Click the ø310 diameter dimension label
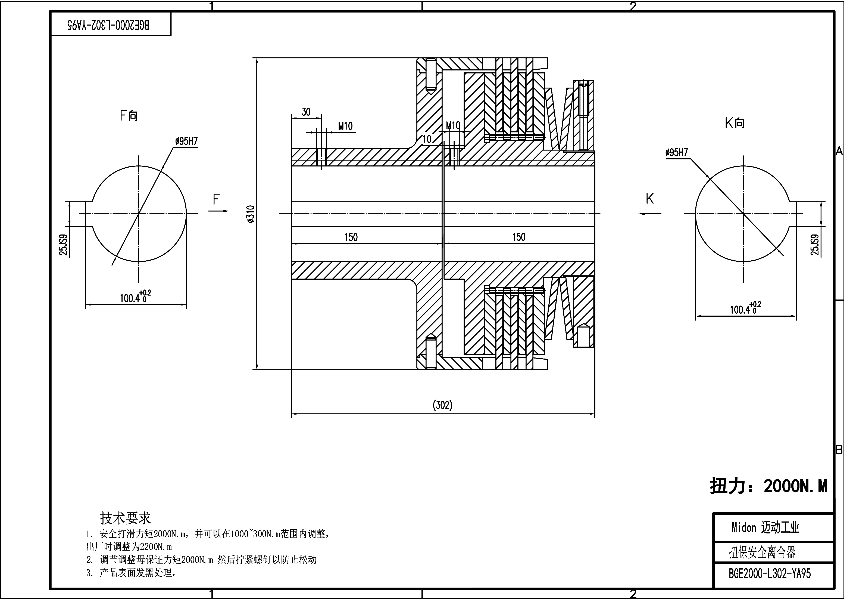[x=251, y=214]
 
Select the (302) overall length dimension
[x=442, y=405]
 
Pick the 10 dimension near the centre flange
[x=427, y=139]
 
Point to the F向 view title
[x=129, y=116]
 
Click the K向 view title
[x=734, y=123]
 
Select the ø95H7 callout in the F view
[x=186, y=141]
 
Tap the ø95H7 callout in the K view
[x=677, y=152]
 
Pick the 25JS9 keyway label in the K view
[x=815, y=245]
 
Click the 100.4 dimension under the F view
[x=135, y=298]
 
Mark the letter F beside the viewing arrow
[x=216, y=200]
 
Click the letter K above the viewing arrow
[x=649, y=199]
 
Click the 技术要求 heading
[x=125, y=518]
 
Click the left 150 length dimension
[x=351, y=237]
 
